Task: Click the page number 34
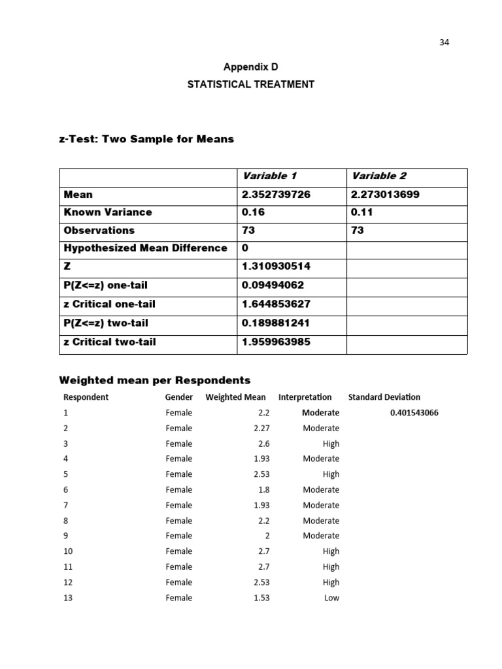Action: [444, 42]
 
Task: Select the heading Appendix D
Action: [251, 67]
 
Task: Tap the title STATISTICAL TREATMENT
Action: [251, 84]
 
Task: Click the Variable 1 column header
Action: [269, 176]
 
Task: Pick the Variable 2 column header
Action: [378, 176]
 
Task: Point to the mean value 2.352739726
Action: [276, 195]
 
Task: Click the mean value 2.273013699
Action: [386, 195]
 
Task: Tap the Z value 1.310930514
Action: [276, 267]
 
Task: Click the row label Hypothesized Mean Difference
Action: [146, 248]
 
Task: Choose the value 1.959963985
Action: [276, 342]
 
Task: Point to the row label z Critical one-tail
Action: [110, 304]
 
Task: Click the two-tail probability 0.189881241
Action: [276, 323]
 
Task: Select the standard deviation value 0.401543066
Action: [414, 413]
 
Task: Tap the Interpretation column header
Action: [305, 397]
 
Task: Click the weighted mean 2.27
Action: [261, 429]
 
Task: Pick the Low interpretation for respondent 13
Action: [331, 598]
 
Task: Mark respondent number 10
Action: [69, 551]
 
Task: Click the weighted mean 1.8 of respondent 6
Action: [263, 490]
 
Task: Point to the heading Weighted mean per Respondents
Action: [155, 380]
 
